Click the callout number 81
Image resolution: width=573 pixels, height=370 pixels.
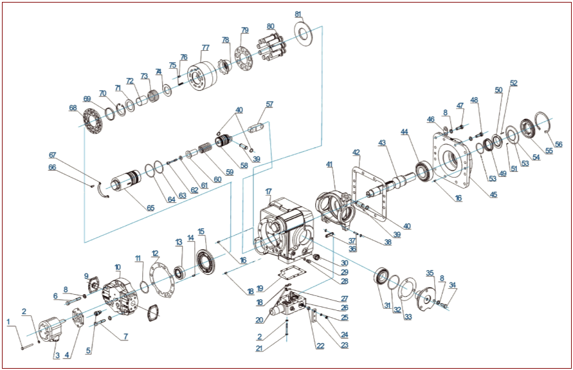point(298,14)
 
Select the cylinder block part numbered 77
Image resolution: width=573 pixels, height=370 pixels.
point(202,77)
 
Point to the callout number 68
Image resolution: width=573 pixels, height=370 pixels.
point(73,107)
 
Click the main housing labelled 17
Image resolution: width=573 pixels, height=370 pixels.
point(284,230)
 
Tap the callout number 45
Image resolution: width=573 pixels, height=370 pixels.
point(493,194)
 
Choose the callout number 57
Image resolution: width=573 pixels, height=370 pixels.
point(269,104)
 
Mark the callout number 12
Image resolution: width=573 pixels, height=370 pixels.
point(156,253)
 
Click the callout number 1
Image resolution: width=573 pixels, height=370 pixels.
point(8,322)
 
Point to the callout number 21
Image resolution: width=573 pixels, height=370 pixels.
point(259,348)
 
